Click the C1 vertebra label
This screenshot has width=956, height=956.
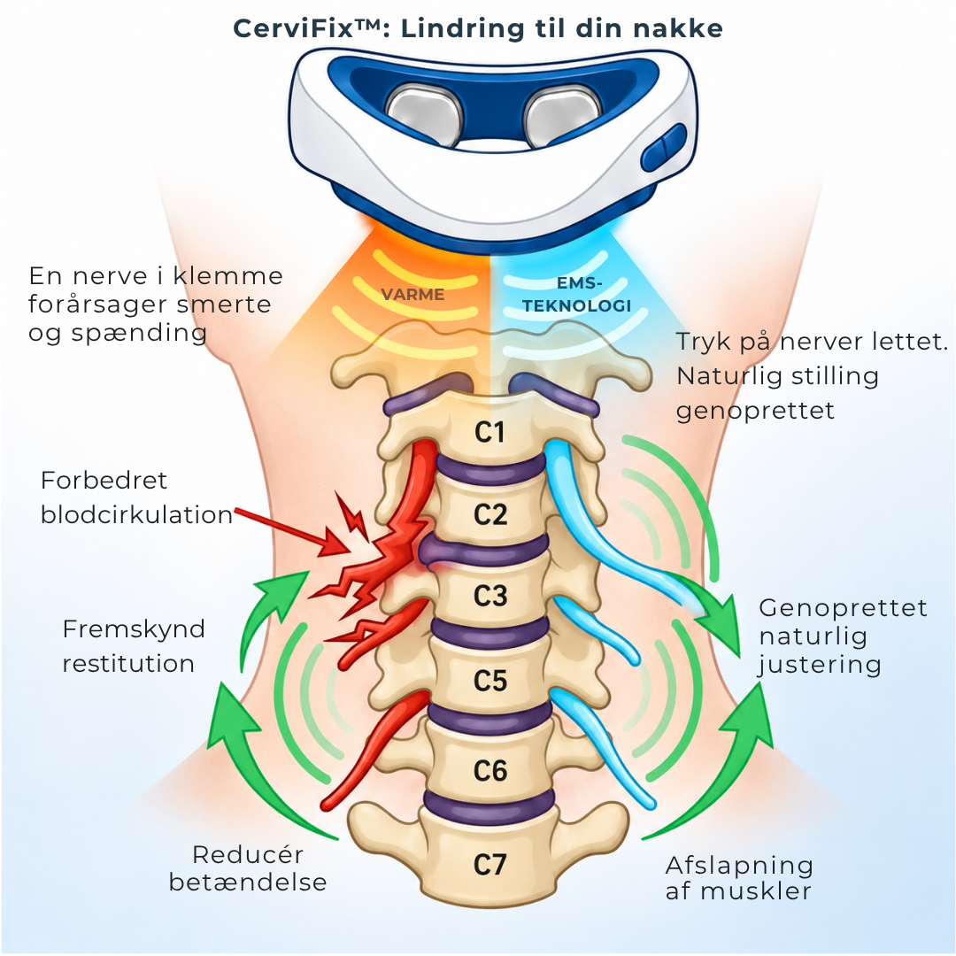(490, 432)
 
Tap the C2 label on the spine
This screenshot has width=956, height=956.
(490, 514)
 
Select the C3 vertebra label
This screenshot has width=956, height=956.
(490, 596)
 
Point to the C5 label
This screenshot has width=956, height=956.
(490, 681)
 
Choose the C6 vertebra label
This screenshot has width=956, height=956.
(490, 771)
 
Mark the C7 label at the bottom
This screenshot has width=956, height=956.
(490, 865)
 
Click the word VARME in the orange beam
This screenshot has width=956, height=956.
(412, 295)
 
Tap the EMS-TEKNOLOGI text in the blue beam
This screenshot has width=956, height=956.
(577, 295)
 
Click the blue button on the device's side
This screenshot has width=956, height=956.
(663, 147)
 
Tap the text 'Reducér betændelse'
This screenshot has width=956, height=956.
(248, 868)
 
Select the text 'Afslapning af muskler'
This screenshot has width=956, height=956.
(739, 878)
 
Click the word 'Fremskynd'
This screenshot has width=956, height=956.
(134, 630)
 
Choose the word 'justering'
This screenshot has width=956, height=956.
(820, 665)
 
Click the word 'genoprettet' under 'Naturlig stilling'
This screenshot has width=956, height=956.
(755, 411)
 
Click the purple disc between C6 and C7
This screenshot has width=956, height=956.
(490, 804)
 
